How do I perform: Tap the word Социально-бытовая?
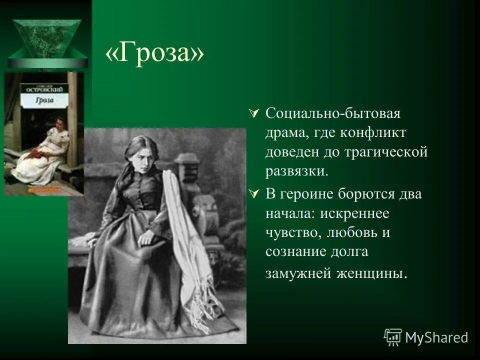pos(333,113)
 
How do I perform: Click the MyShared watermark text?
pos(436,337)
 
